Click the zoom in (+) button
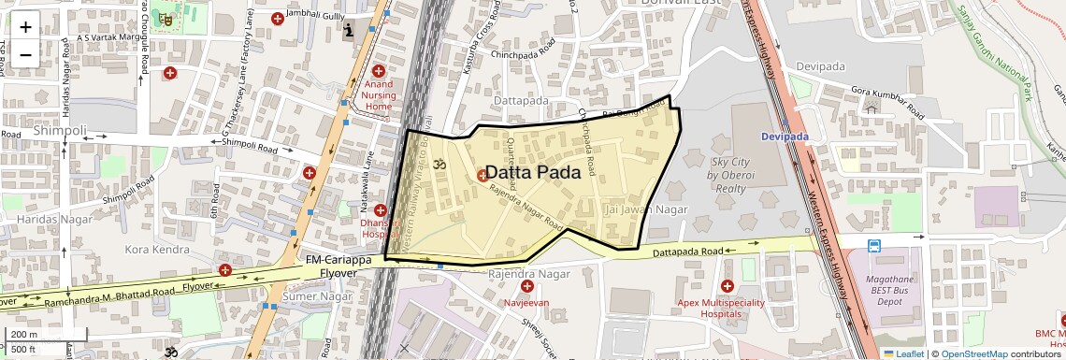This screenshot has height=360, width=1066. coord(25,27)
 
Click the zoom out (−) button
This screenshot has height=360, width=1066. coord(25,54)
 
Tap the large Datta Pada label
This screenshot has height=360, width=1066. coord(533,173)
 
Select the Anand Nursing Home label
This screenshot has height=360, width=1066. coord(379,95)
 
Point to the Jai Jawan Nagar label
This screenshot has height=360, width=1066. coord(647,209)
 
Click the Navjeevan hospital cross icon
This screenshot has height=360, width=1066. coord(527,286)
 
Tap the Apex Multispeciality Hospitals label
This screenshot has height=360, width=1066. coord(728,309)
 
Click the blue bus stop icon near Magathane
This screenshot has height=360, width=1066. coord(873,247)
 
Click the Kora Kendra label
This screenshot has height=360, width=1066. coord(157,251)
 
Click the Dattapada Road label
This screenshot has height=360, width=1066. coord(687,252)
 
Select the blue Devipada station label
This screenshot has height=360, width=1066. coord(785,137)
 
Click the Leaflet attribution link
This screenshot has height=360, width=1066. coord(903,353)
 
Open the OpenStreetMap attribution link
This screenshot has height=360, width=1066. coord(973,353)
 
